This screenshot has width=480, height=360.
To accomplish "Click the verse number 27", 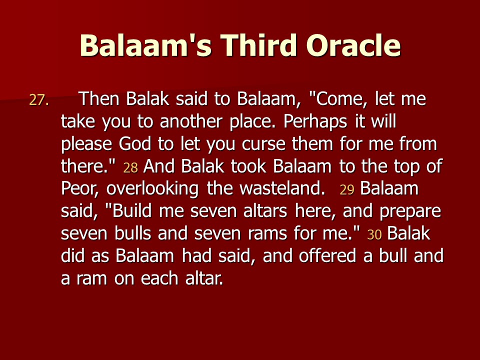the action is pos(39,100).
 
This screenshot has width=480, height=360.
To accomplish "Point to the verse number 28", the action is pos(130,168).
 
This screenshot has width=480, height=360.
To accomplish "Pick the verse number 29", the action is pos(347,190).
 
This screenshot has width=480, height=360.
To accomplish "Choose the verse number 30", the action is pos(374,235).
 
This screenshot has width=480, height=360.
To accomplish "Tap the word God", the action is pos(135,143).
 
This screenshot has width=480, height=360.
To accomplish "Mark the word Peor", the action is pos(79,188).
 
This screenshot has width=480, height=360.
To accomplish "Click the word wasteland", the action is pos(282,188).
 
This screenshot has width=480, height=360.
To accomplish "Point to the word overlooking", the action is pos(152,189).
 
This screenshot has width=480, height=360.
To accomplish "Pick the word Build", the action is pos(132,211).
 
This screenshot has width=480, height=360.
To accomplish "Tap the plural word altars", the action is pos(265,211).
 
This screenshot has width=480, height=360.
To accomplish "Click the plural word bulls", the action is pos(133,233).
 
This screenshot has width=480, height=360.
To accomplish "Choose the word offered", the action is pos(327,255).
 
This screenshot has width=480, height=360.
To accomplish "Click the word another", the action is pos(190,121).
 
